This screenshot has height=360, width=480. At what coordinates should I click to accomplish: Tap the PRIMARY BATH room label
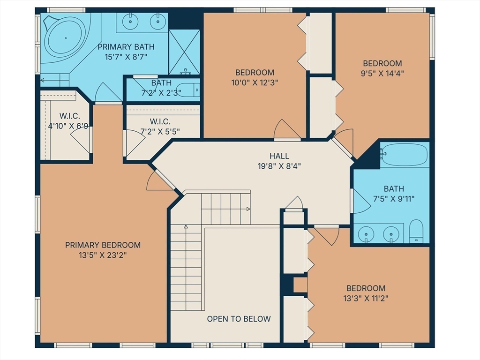click(x=126, y=47)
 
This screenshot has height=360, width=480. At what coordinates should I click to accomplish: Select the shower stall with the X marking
click(x=184, y=52)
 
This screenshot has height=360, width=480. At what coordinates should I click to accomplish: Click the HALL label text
click(x=279, y=156)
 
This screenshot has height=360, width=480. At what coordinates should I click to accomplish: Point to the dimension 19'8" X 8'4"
click(x=279, y=166)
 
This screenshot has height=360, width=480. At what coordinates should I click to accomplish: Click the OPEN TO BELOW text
click(x=239, y=319)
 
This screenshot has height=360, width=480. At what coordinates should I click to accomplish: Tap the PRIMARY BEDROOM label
click(x=103, y=245)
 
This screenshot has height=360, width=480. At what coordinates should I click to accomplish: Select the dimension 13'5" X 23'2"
click(x=103, y=255)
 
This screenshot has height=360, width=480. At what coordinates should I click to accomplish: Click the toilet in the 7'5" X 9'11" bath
click(x=416, y=231)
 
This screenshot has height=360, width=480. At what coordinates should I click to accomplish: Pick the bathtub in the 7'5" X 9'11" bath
click(x=405, y=154)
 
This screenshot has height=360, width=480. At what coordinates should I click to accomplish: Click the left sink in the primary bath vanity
click(x=130, y=22)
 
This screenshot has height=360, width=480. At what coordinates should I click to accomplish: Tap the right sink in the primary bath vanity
click(x=158, y=22)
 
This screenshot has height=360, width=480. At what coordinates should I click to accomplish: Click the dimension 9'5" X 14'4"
click(x=382, y=74)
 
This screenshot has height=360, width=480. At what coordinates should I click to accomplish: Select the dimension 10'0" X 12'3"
click(x=255, y=82)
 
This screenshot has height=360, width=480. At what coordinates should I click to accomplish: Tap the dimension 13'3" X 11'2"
click(x=366, y=298)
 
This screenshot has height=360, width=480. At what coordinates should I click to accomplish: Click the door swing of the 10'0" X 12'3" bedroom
click(x=286, y=129)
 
